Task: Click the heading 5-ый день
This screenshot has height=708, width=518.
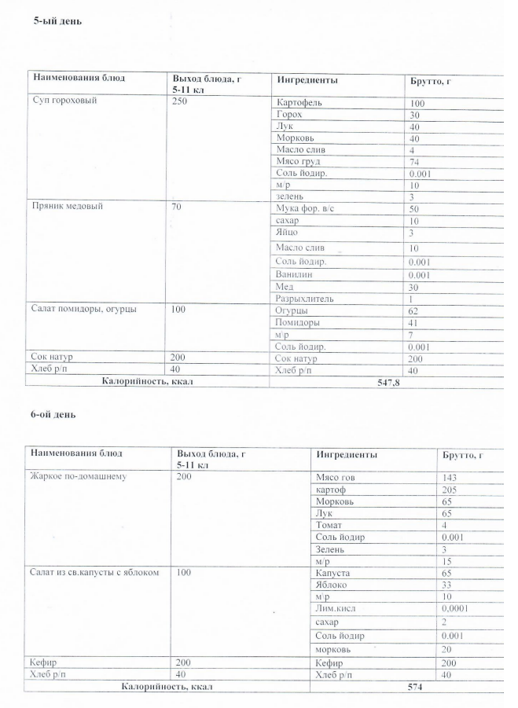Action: click(x=57, y=21)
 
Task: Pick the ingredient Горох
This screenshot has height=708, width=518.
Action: click(x=290, y=115)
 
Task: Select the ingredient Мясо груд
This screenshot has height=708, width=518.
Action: click(x=298, y=161)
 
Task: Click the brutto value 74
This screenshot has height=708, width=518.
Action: click(x=416, y=161)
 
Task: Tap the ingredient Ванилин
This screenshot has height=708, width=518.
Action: click(x=296, y=274)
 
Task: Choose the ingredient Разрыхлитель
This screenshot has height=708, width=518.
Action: click(x=306, y=299)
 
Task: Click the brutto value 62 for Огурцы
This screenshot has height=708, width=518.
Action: click(x=416, y=311)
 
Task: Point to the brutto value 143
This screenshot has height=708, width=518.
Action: click(x=452, y=477)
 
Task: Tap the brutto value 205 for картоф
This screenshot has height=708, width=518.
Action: click(x=452, y=489)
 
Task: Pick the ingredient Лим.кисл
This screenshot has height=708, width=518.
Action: click(x=336, y=607)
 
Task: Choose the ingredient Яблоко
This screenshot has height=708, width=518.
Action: click(x=330, y=584)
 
